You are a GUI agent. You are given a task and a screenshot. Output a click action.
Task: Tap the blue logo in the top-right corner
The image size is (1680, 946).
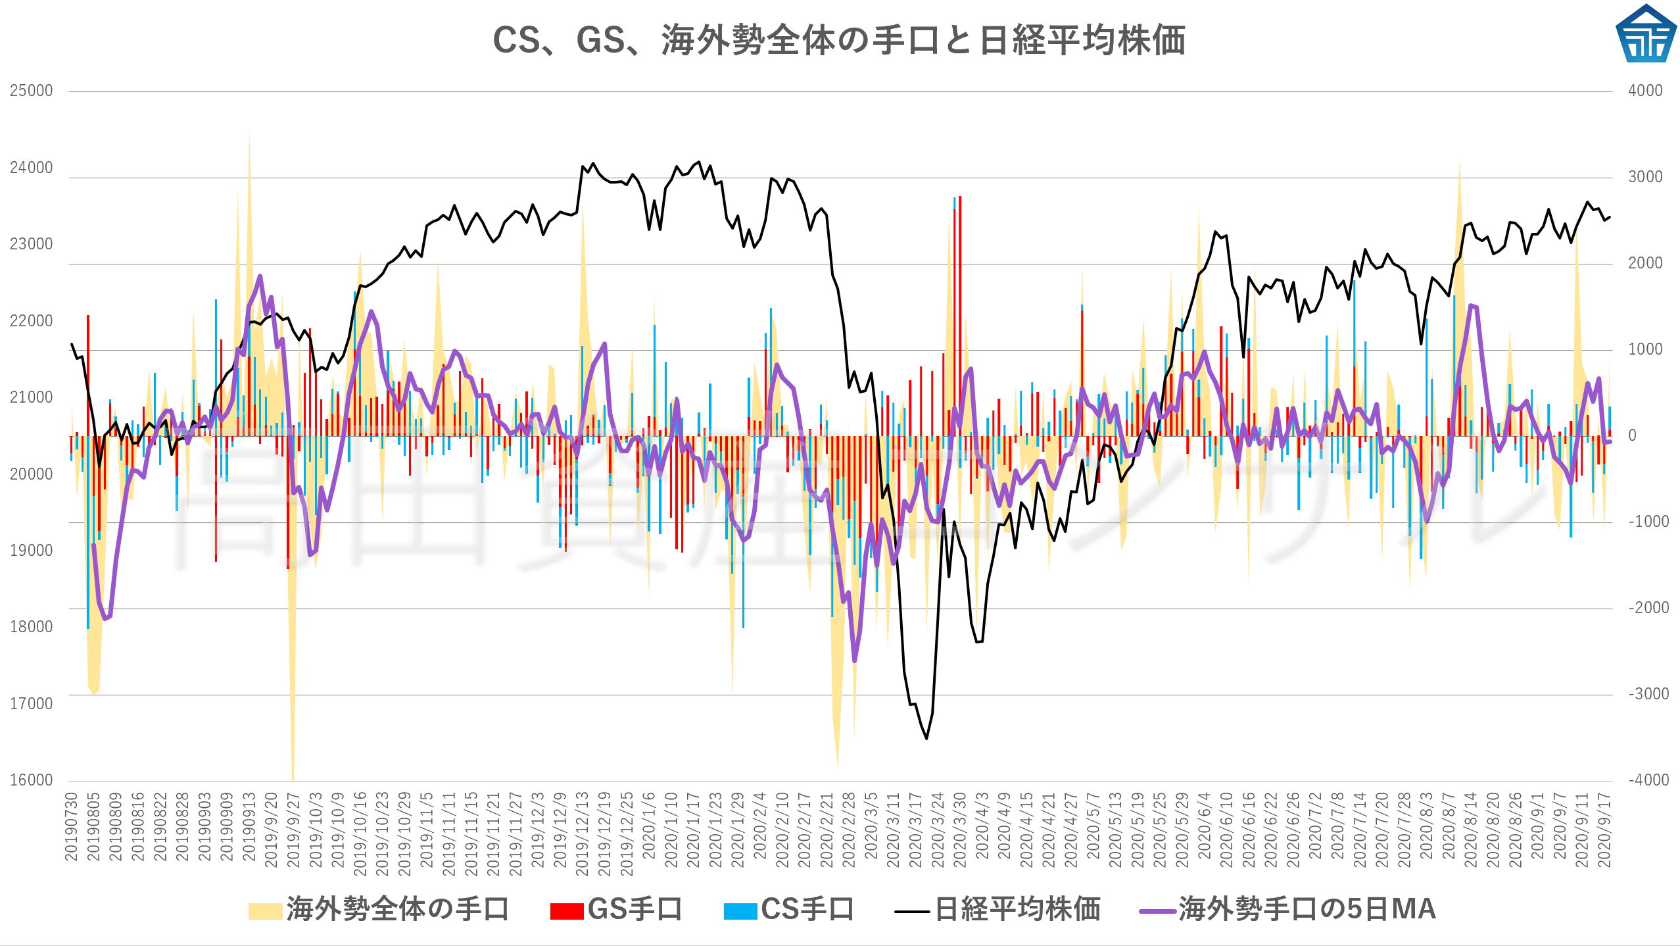(x=1645, y=34)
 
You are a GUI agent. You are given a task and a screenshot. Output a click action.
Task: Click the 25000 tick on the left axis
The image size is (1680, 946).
(x=31, y=91)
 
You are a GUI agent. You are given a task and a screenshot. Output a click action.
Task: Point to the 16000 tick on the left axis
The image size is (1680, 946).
(x=31, y=780)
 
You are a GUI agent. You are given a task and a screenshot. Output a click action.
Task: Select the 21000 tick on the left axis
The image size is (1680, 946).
(x=31, y=397)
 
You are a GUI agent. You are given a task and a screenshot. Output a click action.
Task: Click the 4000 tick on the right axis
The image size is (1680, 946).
(x=1645, y=91)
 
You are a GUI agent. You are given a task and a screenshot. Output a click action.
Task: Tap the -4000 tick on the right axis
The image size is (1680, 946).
(x=1648, y=780)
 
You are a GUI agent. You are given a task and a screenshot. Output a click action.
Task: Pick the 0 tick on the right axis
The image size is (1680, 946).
(x=1632, y=436)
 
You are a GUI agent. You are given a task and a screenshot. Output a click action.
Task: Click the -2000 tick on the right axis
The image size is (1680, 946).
(x=1648, y=608)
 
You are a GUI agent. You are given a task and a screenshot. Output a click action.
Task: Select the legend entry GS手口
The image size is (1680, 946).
(x=617, y=910)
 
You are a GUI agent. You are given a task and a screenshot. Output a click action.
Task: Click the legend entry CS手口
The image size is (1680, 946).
(x=789, y=910)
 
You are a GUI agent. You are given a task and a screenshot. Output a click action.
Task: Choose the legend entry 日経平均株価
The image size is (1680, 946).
(x=998, y=910)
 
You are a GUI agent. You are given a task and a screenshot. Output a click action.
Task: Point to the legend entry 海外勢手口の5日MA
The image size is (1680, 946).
(x=1287, y=910)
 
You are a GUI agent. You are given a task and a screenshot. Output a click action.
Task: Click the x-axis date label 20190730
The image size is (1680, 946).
(x=71, y=827)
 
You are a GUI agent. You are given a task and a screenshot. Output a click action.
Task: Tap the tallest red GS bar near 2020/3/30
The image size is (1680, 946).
(x=960, y=197)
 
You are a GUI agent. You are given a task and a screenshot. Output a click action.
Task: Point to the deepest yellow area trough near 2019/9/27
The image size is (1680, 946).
(x=293, y=778)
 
